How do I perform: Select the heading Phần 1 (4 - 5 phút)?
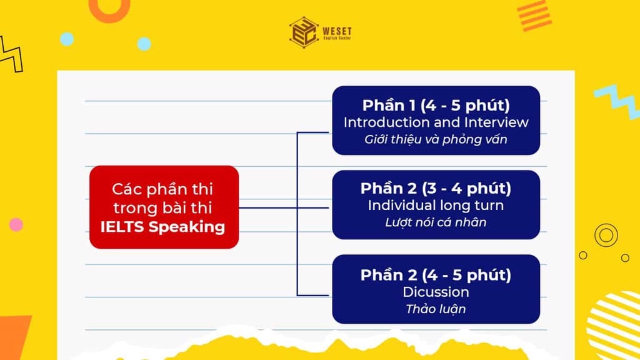pos(436,104)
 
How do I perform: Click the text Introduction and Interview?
pos(436,122)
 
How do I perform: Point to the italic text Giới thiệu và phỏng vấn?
pos(436,139)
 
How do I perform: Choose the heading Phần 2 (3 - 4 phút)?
pos(436,187)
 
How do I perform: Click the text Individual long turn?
pos(436,205)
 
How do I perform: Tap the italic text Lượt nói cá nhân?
pos(436,222)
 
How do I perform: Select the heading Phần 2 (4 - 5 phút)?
pos(436,274)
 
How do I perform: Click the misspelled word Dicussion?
pos(436,292)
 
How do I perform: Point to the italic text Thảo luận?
pos(436,309)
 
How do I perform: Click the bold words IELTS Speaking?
pos(162,226)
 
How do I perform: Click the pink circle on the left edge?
pos(16,224)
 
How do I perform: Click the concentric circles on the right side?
pos(606,235)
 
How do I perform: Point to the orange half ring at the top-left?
pos(109,9)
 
